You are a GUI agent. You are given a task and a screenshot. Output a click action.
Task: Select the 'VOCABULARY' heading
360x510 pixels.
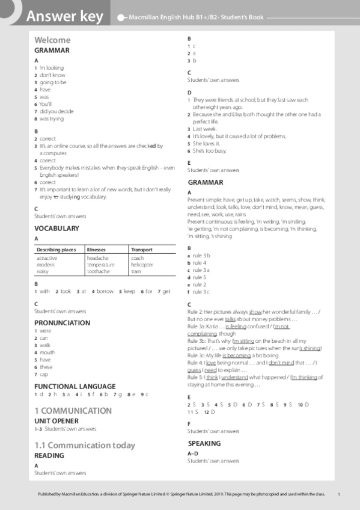pyautogui.click(x=56, y=229)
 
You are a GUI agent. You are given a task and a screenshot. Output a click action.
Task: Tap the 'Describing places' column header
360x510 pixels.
pyautogui.click(x=53, y=249)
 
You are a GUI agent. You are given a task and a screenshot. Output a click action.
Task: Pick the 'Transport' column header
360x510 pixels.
pyautogui.click(x=141, y=249)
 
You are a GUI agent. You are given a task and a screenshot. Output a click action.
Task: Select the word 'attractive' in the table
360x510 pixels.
pyautogui.click(x=47, y=258)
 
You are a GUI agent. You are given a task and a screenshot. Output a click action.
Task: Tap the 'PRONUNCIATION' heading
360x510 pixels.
pyautogui.click(x=62, y=323)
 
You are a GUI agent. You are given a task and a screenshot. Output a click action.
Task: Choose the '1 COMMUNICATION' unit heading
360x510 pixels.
pyautogui.click(x=73, y=411)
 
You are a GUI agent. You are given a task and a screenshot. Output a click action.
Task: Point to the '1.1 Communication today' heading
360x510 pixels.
pyautogui.click(x=85, y=446)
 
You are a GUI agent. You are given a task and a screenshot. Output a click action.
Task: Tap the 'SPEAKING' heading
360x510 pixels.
pyautogui.click(x=204, y=443)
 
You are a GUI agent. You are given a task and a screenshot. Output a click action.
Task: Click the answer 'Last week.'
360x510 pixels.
pyautogui.click(x=205, y=129)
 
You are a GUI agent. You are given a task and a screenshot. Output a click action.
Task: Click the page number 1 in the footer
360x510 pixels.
pyautogui.click(x=339, y=494)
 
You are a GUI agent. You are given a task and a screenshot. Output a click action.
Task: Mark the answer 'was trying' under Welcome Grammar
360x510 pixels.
pyautogui.click(x=52, y=119)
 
